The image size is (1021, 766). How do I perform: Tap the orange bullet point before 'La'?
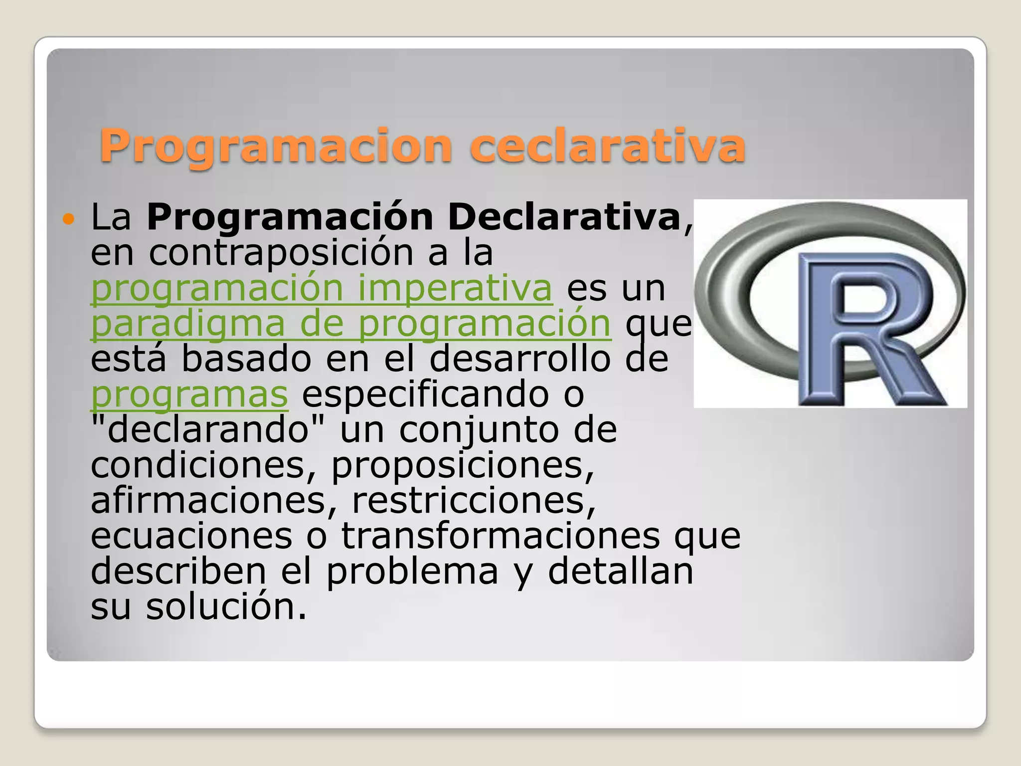(x=68, y=219)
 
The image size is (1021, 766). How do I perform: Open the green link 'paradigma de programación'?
(x=350, y=324)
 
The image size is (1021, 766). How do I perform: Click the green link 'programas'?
(x=189, y=394)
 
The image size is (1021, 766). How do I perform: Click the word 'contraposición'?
(x=281, y=253)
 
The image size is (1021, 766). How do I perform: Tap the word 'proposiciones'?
(x=462, y=465)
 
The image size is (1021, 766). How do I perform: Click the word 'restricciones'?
(x=474, y=501)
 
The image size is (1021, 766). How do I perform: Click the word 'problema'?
(x=412, y=572)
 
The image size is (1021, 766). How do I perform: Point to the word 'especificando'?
(x=425, y=394)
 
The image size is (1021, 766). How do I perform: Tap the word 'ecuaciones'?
(x=191, y=536)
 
